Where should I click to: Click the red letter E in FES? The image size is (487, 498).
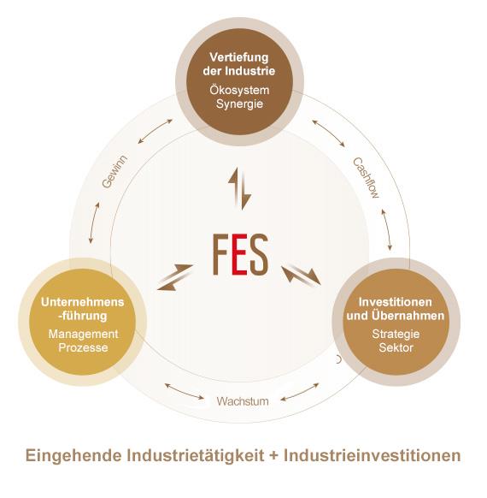click(x=240, y=254)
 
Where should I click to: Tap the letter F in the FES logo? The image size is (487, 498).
click(x=220, y=254)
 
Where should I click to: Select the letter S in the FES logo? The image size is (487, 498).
click(x=259, y=254)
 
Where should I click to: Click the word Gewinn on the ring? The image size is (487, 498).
click(x=114, y=172)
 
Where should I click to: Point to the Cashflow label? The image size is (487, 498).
click(x=367, y=177)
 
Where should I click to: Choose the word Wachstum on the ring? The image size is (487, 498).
click(x=243, y=401)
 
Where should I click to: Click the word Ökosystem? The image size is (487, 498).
click(x=239, y=90)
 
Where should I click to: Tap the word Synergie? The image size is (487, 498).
click(x=240, y=104)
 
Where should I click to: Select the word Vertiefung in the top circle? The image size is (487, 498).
click(x=239, y=57)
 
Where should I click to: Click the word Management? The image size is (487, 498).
click(x=84, y=334)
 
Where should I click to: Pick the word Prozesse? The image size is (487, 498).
click(x=83, y=347)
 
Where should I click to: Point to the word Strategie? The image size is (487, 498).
click(x=396, y=334)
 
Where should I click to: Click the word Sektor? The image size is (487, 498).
click(x=396, y=347)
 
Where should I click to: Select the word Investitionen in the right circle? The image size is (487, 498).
click(x=395, y=302)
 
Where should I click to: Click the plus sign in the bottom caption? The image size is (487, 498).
click(x=274, y=456)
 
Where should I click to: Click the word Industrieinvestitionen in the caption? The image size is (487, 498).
click(x=373, y=455)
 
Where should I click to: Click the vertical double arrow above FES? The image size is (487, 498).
click(x=240, y=188)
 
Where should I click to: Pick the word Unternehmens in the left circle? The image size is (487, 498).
click(x=82, y=302)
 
